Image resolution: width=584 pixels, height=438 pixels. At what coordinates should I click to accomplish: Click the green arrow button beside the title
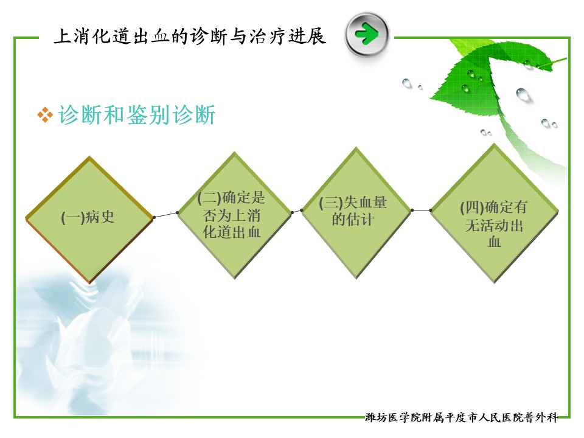click(367, 34)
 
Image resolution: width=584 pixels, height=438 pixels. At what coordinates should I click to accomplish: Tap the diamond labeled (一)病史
click(89, 220)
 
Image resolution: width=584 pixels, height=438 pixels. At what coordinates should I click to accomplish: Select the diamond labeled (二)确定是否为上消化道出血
click(234, 215)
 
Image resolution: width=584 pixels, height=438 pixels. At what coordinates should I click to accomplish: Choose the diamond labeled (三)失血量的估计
click(356, 213)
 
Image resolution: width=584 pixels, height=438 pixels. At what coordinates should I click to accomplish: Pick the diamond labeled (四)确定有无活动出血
click(494, 214)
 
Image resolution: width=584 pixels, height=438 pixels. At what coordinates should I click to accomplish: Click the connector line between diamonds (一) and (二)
click(165, 215)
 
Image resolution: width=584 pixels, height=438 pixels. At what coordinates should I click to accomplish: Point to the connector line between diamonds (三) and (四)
click(421, 210)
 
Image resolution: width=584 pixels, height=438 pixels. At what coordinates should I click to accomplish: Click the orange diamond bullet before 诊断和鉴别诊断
click(45, 115)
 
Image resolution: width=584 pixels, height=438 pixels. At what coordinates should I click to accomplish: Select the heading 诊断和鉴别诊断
click(137, 114)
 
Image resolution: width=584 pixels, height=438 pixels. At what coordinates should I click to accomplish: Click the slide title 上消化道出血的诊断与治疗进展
click(190, 36)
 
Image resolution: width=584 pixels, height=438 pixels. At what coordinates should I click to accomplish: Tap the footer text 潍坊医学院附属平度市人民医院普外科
click(461, 417)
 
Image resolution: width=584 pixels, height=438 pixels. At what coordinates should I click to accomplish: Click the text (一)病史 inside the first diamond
click(88, 217)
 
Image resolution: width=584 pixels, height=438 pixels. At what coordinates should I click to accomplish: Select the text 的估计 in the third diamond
click(353, 219)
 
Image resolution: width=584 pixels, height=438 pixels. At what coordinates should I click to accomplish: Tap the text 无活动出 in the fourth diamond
click(494, 225)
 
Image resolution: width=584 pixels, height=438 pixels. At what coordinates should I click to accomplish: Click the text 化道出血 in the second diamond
click(232, 232)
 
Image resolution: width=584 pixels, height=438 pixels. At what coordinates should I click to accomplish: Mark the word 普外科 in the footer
click(541, 417)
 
